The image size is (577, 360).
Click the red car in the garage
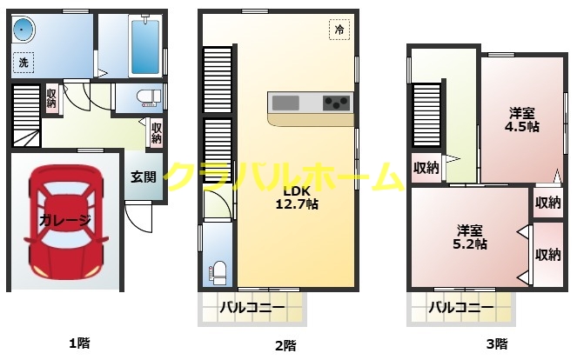[64, 220]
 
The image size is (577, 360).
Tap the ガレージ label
[64, 220]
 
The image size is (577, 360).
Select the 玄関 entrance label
[144, 177]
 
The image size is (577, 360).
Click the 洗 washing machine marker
[23, 63]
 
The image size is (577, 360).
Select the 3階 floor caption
[497, 343]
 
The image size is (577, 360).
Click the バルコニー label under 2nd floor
[252, 307]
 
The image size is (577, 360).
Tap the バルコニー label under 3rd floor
[461, 307]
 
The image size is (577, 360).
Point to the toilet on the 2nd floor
[218, 270]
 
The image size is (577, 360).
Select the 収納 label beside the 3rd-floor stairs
[426, 168]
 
